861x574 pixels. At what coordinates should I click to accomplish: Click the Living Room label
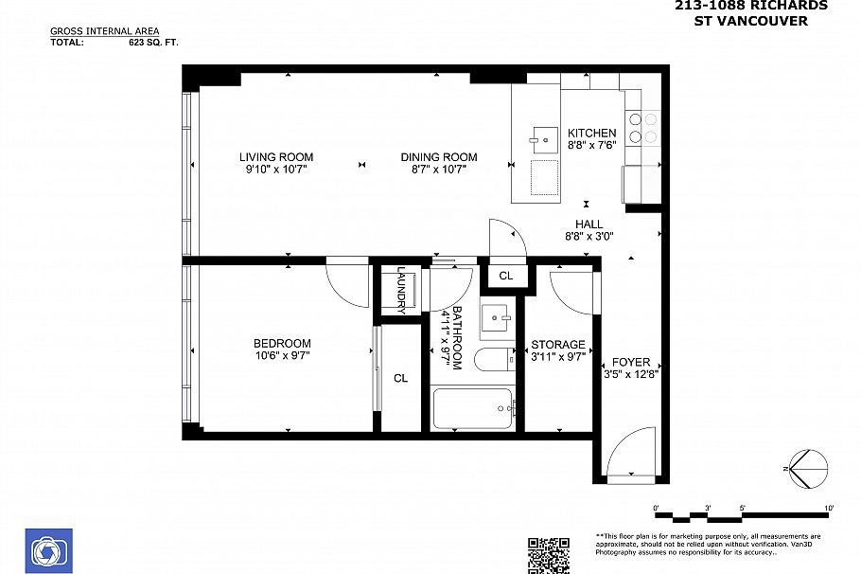(x=275, y=157)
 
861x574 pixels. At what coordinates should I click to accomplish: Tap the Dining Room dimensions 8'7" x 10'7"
(x=438, y=170)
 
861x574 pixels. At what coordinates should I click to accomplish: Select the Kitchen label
(x=591, y=134)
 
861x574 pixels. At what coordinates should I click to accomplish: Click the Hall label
(x=589, y=224)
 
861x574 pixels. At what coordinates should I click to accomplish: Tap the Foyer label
(x=630, y=363)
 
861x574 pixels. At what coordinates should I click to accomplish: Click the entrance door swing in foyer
(x=628, y=452)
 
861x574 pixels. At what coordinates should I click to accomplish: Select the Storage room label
(x=557, y=345)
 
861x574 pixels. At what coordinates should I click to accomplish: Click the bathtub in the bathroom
(x=472, y=410)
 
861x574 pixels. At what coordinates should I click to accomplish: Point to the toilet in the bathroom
(x=492, y=360)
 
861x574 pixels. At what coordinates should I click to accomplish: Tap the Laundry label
(x=400, y=289)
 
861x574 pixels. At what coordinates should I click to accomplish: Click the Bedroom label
(x=281, y=344)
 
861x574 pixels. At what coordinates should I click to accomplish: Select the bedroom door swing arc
(x=346, y=284)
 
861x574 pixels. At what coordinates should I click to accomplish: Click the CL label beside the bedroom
(x=400, y=378)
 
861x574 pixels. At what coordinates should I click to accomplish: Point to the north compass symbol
(x=806, y=469)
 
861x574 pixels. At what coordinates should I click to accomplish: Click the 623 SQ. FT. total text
(x=153, y=43)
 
